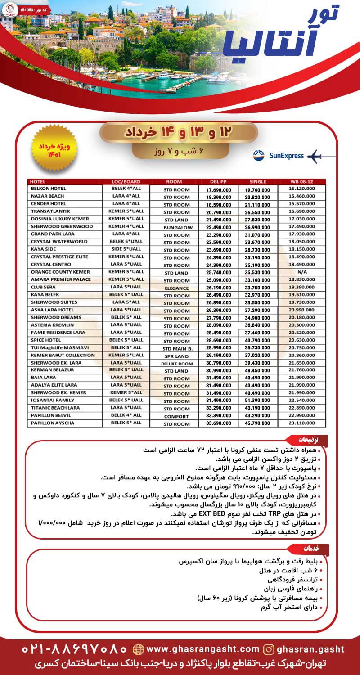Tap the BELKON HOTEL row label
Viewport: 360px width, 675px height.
click(48, 189)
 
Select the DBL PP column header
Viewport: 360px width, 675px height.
click(217, 181)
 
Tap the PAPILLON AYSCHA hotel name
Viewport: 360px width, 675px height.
click(53, 423)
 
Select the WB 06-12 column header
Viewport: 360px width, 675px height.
click(302, 181)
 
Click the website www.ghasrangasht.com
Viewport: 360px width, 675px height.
click(197, 649)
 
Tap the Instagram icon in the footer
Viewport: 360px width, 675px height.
click(269, 649)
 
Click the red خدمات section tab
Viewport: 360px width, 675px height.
click(312, 549)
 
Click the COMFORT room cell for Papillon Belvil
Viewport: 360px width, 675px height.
click(176, 416)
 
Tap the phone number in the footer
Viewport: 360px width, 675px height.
click(75, 649)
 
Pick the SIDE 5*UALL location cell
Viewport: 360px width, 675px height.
click(126, 249)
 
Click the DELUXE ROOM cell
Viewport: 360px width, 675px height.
click(176, 363)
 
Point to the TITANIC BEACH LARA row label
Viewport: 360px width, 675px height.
click(55, 408)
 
